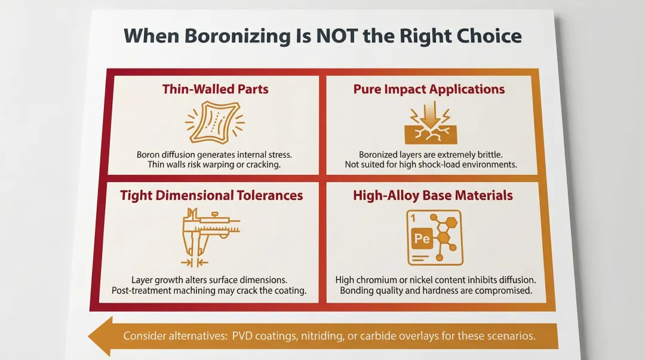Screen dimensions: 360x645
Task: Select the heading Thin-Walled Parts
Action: (215, 90)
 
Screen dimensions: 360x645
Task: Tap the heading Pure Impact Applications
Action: (429, 90)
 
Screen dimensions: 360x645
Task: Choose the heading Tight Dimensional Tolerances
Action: (211, 195)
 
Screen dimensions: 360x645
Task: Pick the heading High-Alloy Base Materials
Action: (432, 195)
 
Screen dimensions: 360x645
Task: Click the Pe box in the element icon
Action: (422, 239)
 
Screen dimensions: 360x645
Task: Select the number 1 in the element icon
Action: (413, 219)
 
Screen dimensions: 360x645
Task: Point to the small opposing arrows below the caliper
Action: (194, 262)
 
